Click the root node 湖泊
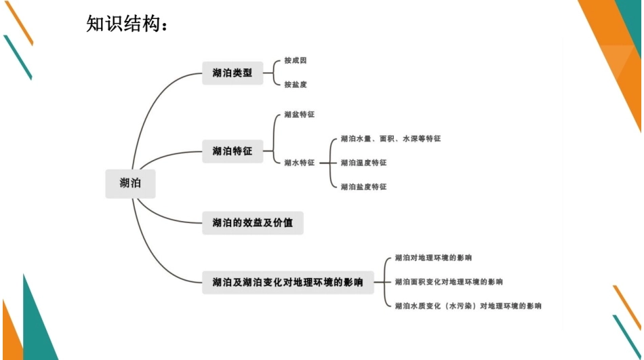(130, 183)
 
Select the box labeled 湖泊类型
(233, 73)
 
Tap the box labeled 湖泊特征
(233, 151)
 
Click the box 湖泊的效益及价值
(252, 222)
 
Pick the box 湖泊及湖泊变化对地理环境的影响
(287, 281)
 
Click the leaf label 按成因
(296, 60)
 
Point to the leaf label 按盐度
(296, 84)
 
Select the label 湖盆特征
(299, 115)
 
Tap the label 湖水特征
(299, 163)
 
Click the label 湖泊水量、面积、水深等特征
(390, 138)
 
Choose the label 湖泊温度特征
(363, 163)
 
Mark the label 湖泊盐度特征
(363, 186)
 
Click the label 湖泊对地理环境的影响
(433, 258)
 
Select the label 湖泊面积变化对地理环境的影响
(449, 281)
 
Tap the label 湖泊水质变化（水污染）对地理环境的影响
(468, 306)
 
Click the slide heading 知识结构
(127, 24)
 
